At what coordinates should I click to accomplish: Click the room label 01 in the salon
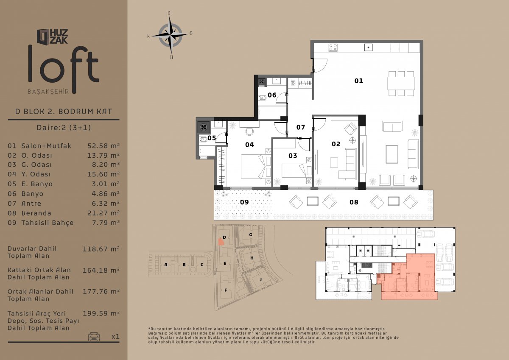(x=358, y=81)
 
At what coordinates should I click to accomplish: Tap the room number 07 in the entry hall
(x=301, y=127)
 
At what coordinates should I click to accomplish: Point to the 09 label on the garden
(x=244, y=202)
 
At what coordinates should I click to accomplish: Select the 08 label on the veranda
(x=354, y=202)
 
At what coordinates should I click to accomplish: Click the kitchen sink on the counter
(x=368, y=47)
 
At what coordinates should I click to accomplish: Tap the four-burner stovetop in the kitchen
(x=333, y=47)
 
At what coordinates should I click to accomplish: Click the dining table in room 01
(x=401, y=84)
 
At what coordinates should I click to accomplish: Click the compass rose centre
(x=170, y=35)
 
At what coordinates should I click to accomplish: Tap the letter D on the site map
(x=224, y=237)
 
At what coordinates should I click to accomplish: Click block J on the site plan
(x=260, y=279)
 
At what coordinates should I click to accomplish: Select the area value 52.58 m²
(x=103, y=146)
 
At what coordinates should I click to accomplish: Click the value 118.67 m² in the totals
(x=101, y=249)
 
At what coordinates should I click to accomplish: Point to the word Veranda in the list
(x=36, y=213)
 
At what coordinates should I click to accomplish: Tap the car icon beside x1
(x=94, y=336)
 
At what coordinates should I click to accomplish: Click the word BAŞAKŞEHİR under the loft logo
(x=48, y=92)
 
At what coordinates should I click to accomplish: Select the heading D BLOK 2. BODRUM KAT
(x=64, y=112)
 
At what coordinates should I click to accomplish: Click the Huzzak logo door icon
(x=43, y=36)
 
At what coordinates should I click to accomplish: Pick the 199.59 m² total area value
(x=101, y=313)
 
